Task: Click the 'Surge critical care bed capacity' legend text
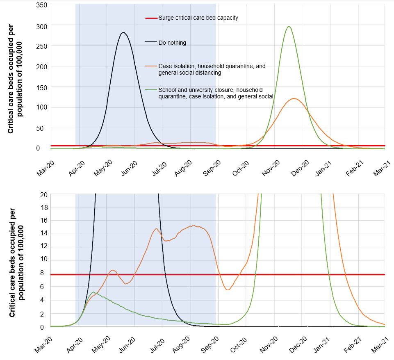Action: pyautogui.click(x=198, y=18)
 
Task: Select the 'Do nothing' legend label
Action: pyautogui.click(x=172, y=43)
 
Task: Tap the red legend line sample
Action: pyautogui.click(x=151, y=18)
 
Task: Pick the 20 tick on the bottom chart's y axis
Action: pyautogui.click(x=43, y=194)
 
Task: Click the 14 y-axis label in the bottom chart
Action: pyautogui.click(x=43, y=234)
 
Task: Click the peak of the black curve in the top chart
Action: pyautogui.click(x=123, y=32)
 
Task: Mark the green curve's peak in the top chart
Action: pyautogui.click(x=289, y=27)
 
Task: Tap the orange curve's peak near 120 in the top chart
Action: pyautogui.click(x=294, y=98)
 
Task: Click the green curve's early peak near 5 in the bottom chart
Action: pyautogui.click(x=93, y=292)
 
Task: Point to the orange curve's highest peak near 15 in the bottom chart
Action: pyautogui.click(x=194, y=225)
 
